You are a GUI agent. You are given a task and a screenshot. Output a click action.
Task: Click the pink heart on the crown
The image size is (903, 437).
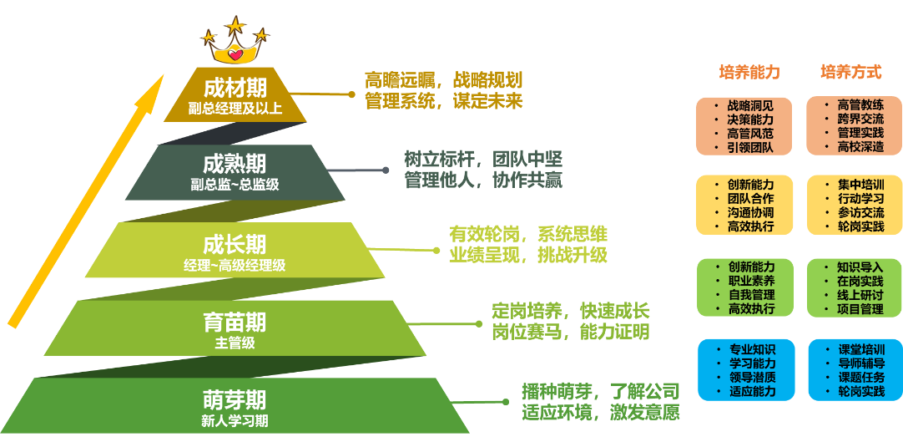point(236,56)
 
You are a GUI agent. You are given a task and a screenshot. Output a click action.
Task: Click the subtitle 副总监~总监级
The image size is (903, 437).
point(235,184)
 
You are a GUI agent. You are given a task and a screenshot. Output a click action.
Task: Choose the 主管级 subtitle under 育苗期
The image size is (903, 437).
point(235,343)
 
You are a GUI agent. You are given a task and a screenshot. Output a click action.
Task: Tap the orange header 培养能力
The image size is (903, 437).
point(749,73)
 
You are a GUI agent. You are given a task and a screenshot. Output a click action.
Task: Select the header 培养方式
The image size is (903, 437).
point(850,73)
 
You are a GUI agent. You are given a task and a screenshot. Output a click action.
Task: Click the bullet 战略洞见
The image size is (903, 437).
point(750,105)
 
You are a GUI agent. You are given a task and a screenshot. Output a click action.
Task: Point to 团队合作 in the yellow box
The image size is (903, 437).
point(750,198)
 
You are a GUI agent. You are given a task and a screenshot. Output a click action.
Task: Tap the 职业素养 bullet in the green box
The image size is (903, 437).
point(750,281)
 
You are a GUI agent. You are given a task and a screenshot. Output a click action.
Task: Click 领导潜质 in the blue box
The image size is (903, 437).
point(750,377)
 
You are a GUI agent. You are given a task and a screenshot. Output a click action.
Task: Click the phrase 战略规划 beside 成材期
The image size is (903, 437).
point(487,81)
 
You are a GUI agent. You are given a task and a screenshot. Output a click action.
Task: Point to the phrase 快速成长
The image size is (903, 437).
point(614,311)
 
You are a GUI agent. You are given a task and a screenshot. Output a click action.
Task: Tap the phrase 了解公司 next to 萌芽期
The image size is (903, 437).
point(643,391)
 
